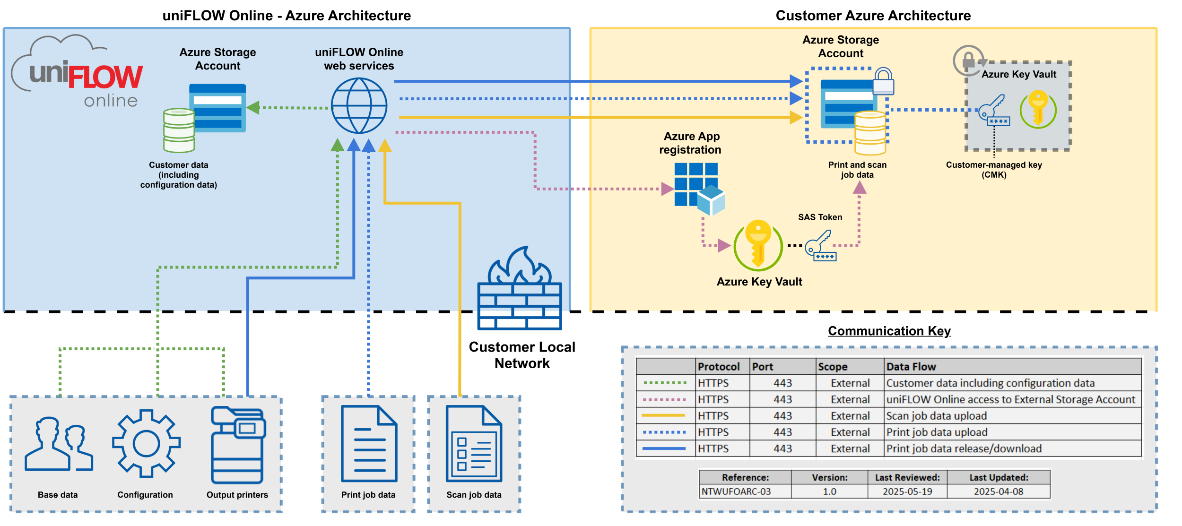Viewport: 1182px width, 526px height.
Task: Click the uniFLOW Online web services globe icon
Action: pos(359,106)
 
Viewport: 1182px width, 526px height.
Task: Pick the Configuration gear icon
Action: pos(146,444)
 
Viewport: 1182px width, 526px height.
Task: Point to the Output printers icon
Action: pos(238,445)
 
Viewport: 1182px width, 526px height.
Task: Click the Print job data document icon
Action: pos(369,444)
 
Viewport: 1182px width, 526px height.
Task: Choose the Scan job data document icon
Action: pos(474,444)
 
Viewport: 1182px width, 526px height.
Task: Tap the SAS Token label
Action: pos(820,217)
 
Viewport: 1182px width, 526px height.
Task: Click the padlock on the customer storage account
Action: pos(883,81)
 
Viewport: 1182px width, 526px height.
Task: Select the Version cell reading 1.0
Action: pos(829,492)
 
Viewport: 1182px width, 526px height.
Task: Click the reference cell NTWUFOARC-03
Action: pos(736,492)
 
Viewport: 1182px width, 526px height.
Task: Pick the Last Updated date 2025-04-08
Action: pos(998,492)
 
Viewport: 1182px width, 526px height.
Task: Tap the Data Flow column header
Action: pos(911,367)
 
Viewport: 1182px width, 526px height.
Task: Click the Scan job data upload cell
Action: pos(936,416)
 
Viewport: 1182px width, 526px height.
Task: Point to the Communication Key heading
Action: pos(889,331)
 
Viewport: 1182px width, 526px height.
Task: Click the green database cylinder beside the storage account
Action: pos(179,130)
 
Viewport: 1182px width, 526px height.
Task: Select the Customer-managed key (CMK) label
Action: pos(994,170)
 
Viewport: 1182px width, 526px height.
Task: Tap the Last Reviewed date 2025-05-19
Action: pos(907,492)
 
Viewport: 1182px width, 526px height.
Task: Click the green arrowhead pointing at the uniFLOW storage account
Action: pos(253,108)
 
